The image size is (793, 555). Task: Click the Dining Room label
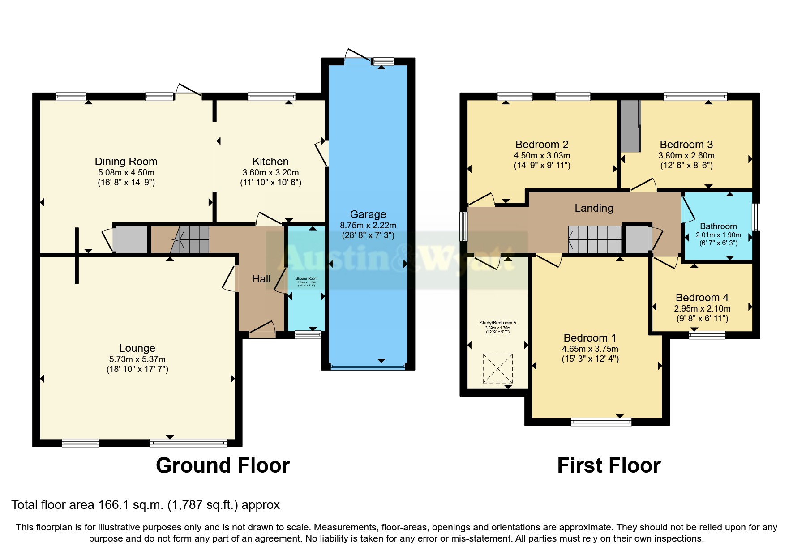coord(126,162)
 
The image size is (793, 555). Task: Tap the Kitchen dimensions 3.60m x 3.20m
coord(270,172)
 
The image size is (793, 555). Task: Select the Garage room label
coord(368,214)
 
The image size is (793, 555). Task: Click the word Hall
coord(261,279)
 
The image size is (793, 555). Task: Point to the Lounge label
coord(137,348)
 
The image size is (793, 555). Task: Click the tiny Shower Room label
coord(306,279)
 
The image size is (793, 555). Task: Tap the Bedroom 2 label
coord(542,145)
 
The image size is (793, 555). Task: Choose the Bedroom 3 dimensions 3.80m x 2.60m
coord(686,156)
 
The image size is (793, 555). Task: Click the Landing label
coord(594,208)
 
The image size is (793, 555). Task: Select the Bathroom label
coord(718,226)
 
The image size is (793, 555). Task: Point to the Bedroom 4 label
coord(702,298)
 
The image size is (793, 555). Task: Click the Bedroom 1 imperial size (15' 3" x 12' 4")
coord(590,359)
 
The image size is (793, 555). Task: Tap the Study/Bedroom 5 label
coord(497,323)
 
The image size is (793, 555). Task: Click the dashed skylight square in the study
coord(497,368)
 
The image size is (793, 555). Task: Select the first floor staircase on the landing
coord(595,239)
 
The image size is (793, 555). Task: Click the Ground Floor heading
coord(223,465)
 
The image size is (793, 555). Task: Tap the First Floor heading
coord(609,465)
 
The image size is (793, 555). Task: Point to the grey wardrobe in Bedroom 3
coord(630,126)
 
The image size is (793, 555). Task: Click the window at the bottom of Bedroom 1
coord(601,421)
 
